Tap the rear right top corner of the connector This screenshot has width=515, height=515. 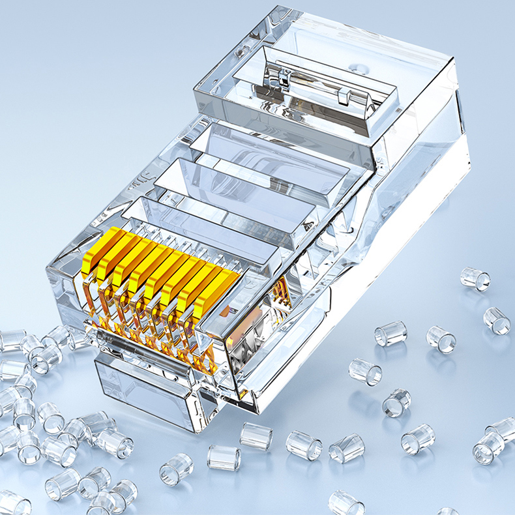450,62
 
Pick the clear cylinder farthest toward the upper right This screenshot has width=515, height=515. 475,278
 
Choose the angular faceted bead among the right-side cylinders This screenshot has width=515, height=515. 347,449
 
